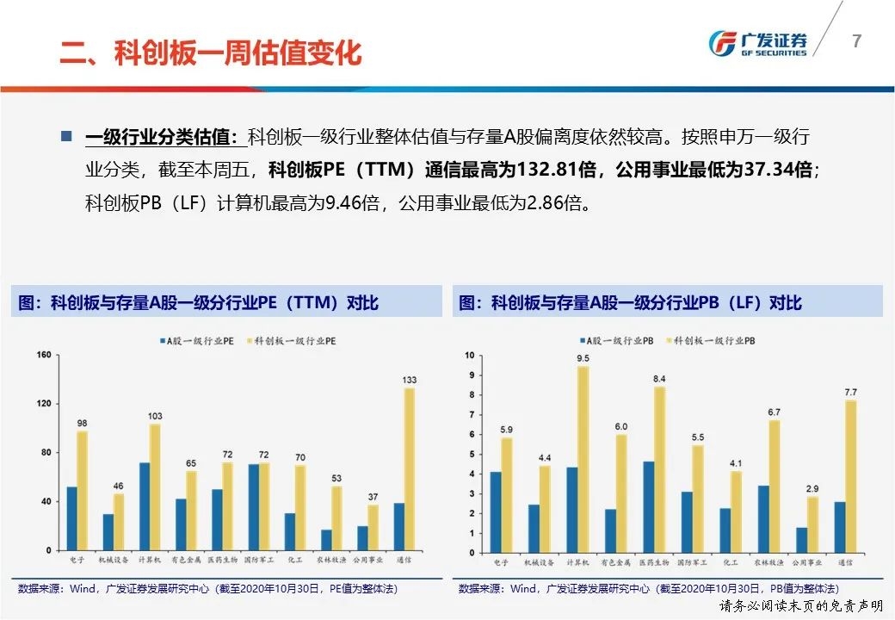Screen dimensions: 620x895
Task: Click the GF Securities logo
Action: click(x=757, y=43)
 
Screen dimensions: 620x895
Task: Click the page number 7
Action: click(x=856, y=41)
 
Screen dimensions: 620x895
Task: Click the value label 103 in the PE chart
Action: click(x=155, y=416)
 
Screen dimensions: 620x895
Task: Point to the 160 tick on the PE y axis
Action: click(x=45, y=355)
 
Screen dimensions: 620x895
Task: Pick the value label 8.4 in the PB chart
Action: click(x=660, y=379)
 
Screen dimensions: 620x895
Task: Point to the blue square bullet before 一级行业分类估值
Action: click(x=66, y=137)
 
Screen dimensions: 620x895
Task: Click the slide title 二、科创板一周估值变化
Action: click(x=210, y=53)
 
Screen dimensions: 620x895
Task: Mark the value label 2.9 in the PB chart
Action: click(x=812, y=487)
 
